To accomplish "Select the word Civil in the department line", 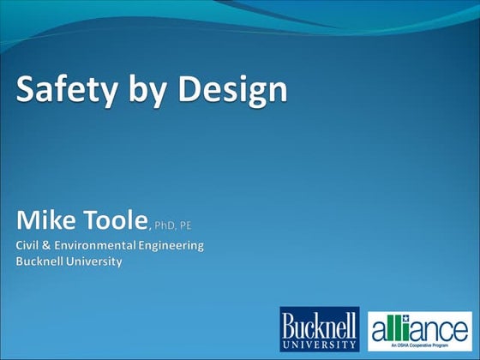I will click(29, 246).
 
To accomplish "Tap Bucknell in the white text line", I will click(41, 261).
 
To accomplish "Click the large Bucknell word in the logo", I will click(320, 324).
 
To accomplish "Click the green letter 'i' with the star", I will click(408, 326).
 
